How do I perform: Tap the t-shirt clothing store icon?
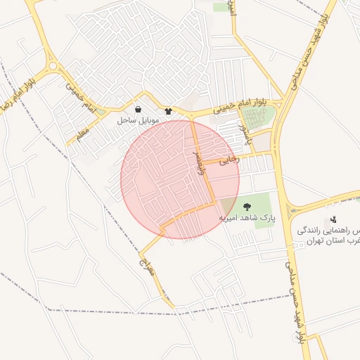coord(168,110)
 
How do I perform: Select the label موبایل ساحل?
coord(138,120)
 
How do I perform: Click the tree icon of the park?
coord(247,207)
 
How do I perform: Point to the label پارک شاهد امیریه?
coord(247,218)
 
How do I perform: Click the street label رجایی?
coord(230,160)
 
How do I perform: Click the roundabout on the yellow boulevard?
coord(52,66)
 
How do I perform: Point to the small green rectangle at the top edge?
coord(222,7)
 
